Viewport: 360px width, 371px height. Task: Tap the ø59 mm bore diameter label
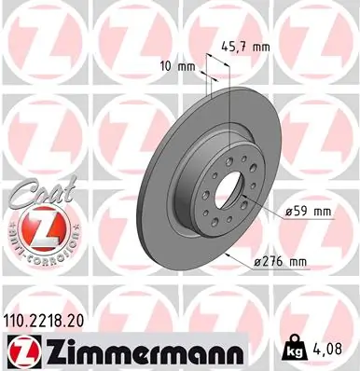[307, 212]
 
